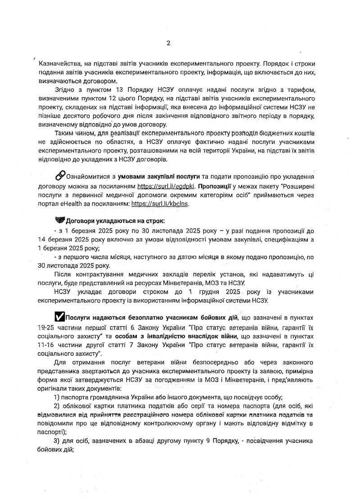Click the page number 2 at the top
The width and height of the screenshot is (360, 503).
[x=168, y=43]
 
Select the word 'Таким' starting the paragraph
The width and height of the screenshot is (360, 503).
[x=63, y=133]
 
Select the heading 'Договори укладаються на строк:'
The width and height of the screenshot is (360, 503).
[x=115, y=221]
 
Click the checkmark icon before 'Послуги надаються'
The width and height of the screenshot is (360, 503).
[x=59, y=317]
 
